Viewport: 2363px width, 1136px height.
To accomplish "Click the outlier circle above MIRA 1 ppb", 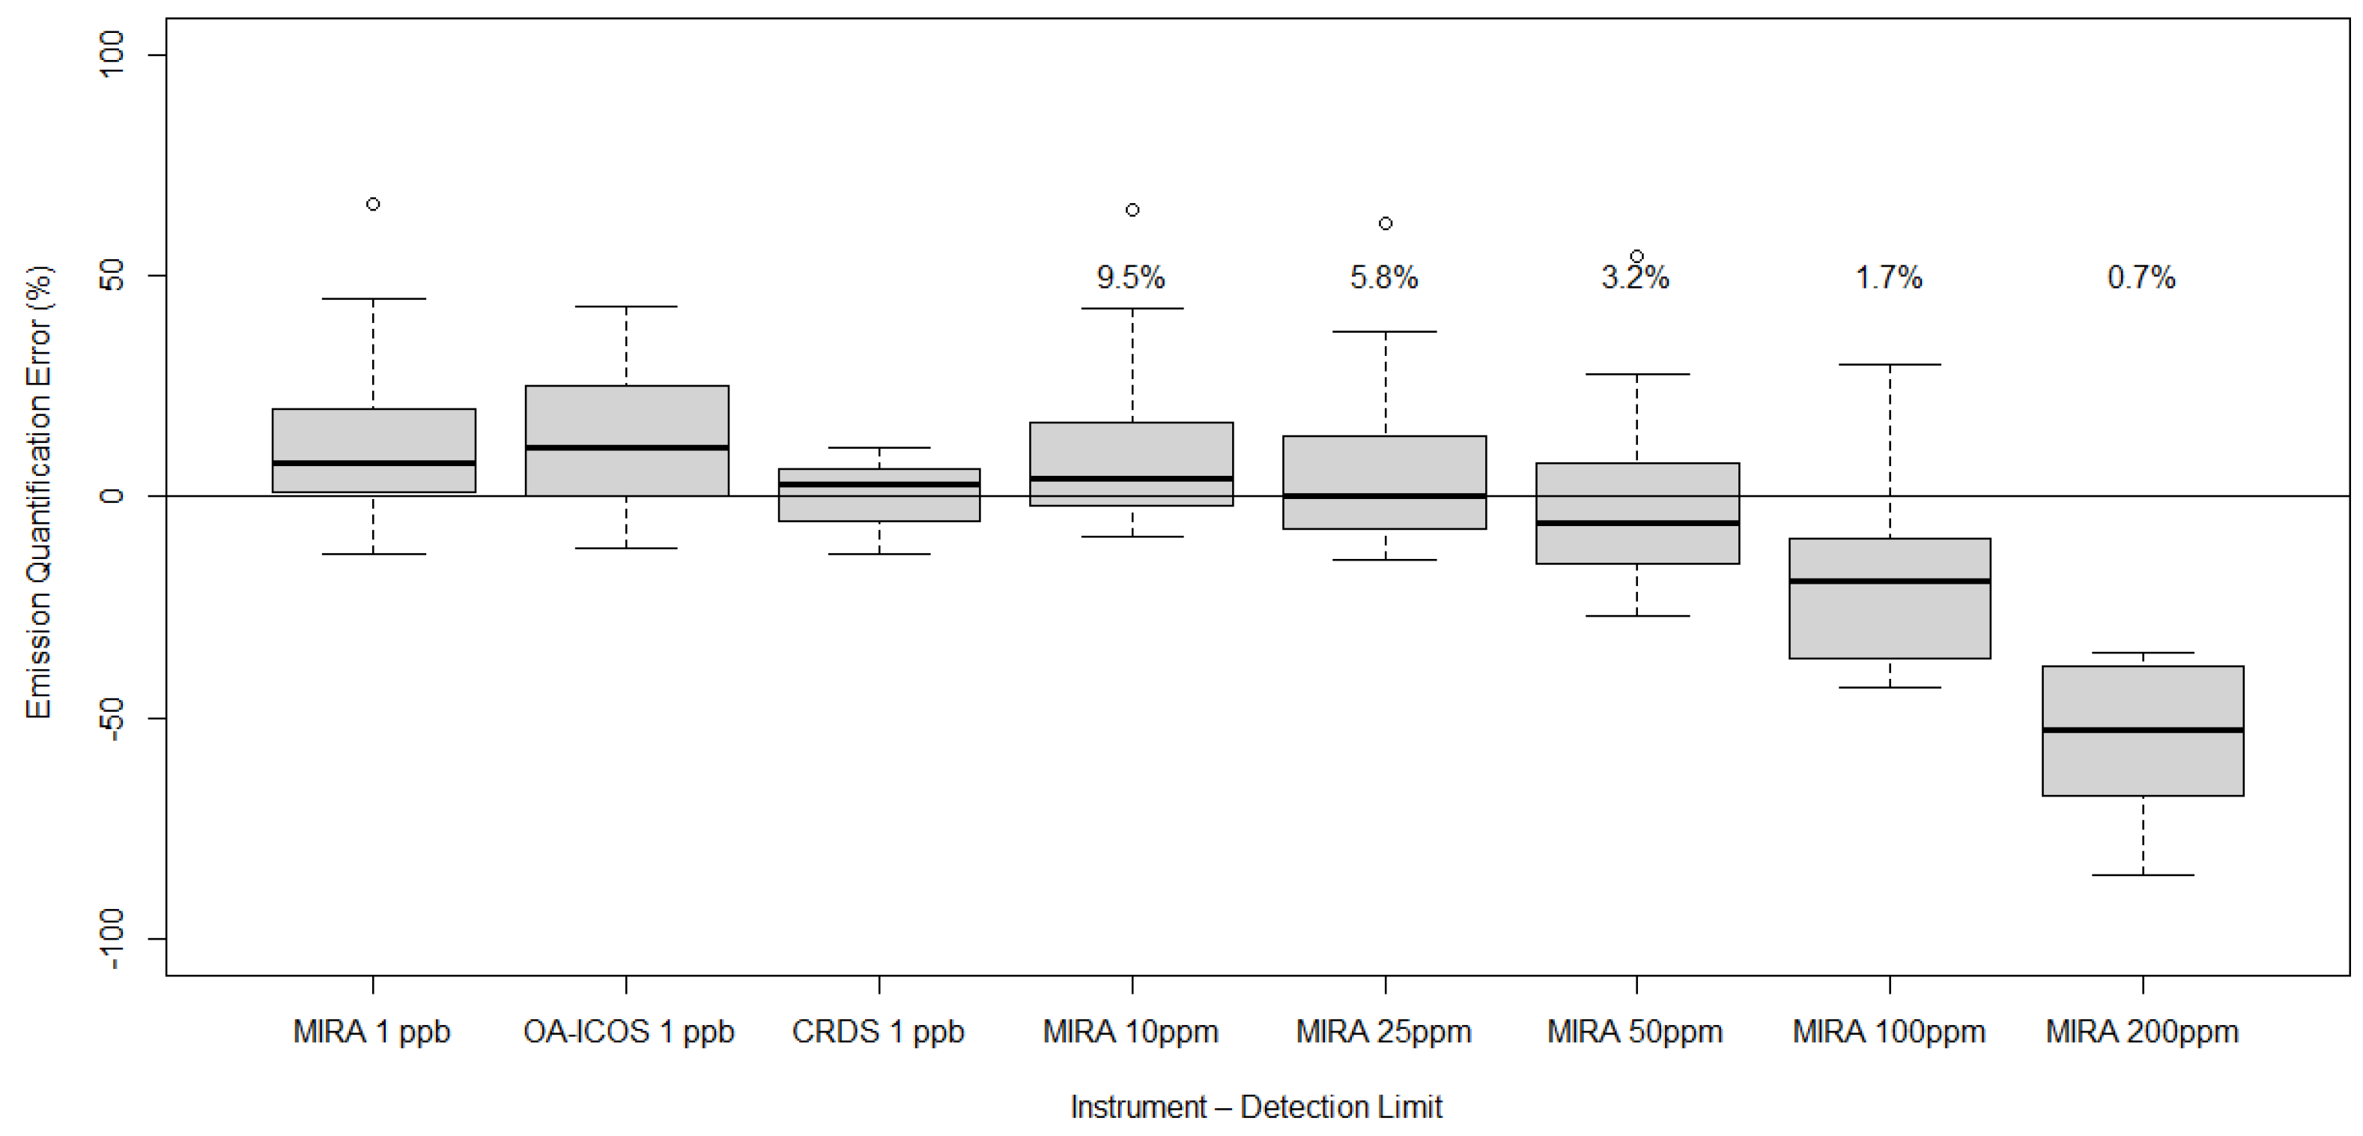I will point(373,204).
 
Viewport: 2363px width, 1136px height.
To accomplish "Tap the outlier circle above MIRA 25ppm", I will point(1385,223).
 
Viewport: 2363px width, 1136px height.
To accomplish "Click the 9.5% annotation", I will point(1130,277).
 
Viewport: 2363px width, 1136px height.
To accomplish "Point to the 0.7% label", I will point(2141,277).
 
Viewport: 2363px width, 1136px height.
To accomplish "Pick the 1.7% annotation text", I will point(1889,277).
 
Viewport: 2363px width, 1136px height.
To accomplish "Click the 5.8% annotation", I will point(1383,277).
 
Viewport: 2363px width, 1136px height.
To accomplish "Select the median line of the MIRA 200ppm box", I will point(2143,731).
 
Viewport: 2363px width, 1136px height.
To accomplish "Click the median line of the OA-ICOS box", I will point(627,448).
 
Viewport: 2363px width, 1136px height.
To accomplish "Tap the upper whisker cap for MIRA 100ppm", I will point(1890,364).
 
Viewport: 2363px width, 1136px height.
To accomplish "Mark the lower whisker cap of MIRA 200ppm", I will point(2143,875).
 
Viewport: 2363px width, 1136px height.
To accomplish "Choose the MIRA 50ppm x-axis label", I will point(1635,1033).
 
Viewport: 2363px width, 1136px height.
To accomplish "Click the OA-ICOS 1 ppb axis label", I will point(628,1033).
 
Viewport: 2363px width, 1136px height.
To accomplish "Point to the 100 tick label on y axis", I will point(112,54).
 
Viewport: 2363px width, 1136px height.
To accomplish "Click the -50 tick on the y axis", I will point(112,718).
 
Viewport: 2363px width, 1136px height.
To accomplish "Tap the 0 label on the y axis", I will point(112,495).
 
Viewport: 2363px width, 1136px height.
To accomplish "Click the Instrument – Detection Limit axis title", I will point(1256,1108).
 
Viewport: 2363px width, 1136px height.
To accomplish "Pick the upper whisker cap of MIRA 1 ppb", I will point(373,298).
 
